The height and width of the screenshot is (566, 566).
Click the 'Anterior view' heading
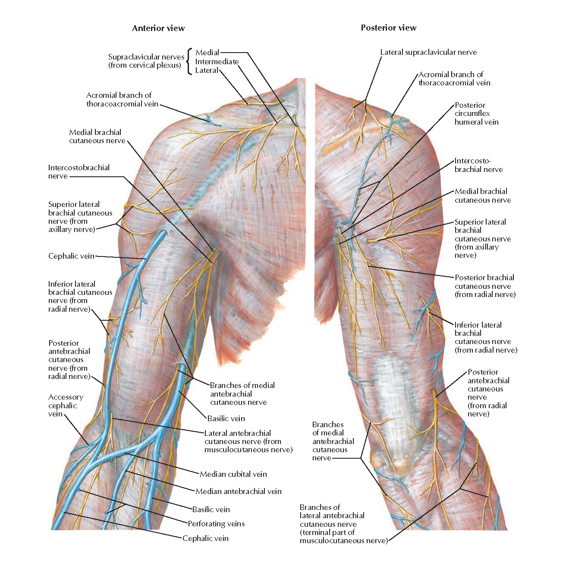click(x=158, y=28)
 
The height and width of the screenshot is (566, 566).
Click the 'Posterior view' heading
click(x=388, y=28)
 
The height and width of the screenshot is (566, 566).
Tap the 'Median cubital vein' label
click(x=233, y=474)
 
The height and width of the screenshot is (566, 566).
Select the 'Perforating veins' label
click(x=216, y=524)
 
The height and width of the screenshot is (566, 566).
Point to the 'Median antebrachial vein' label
click(x=239, y=491)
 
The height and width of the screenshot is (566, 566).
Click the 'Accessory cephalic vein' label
click(x=65, y=406)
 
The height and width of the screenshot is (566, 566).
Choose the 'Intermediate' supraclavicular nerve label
click(x=217, y=62)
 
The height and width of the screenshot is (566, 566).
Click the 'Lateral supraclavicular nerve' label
click(x=428, y=52)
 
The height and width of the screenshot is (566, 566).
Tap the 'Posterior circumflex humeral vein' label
click(x=476, y=114)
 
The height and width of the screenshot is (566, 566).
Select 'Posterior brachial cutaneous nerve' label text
click(x=485, y=286)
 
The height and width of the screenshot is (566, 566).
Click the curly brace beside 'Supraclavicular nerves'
click(x=189, y=62)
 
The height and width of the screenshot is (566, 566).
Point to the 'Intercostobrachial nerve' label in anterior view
click(x=79, y=172)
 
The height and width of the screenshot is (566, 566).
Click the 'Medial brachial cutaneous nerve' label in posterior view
click(x=482, y=196)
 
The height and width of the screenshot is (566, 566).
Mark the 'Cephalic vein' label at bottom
click(x=205, y=538)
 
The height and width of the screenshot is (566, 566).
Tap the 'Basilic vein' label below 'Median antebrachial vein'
click(x=211, y=510)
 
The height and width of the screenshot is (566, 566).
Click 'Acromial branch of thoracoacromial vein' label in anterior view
click(x=119, y=100)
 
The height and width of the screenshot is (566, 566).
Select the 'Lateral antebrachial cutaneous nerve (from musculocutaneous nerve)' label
click(x=248, y=441)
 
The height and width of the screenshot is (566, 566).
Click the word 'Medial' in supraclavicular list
click(x=208, y=53)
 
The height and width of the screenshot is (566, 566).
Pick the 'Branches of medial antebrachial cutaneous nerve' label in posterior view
click(x=333, y=441)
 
